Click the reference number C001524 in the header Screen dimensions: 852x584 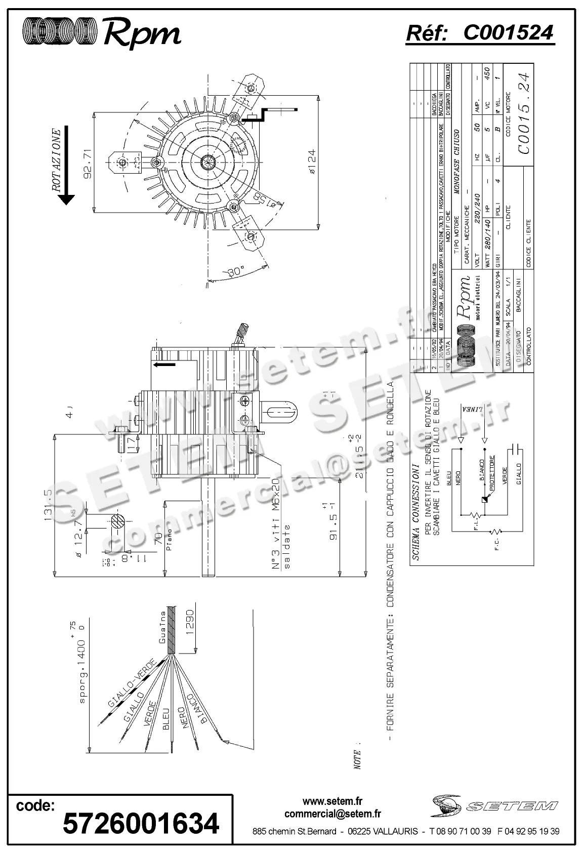(x=508, y=32)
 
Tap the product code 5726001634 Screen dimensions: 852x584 (x=141, y=823)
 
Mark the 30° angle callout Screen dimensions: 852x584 (x=235, y=271)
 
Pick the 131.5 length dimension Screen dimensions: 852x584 (x=49, y=505)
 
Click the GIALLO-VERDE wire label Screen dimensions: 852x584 (x=132, y=689)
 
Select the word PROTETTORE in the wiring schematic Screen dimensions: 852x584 (x=491, y=471)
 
